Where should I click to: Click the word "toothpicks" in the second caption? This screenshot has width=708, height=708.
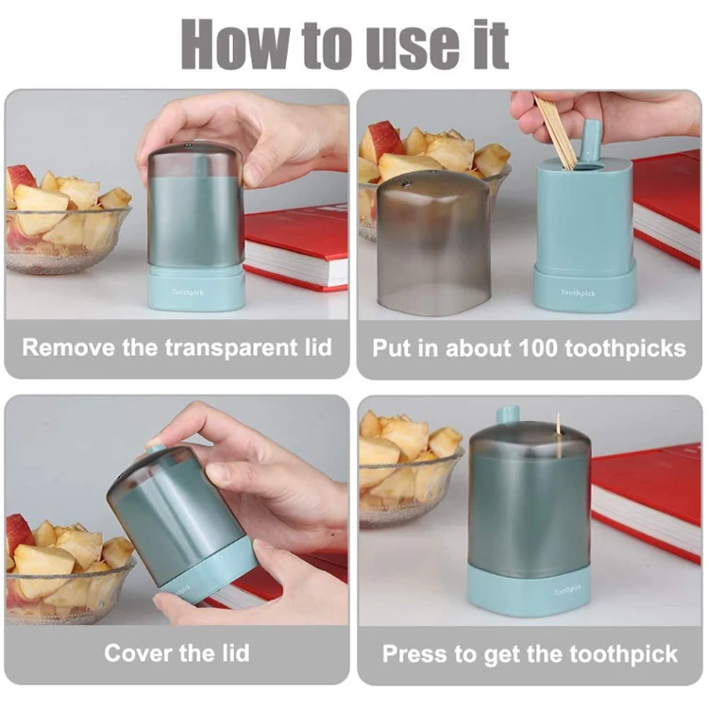pos(625,349)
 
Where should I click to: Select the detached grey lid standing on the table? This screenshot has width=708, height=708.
pos(433,244)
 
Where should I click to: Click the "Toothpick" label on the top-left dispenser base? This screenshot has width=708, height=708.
pos(188,292)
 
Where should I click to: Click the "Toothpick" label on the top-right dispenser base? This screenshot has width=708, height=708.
pos(578,293)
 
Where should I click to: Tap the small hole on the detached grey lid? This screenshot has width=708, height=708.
pos(406,183)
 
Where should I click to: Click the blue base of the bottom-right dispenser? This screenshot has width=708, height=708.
pos(530,589)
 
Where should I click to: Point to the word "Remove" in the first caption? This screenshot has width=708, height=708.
pos(68,348)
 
